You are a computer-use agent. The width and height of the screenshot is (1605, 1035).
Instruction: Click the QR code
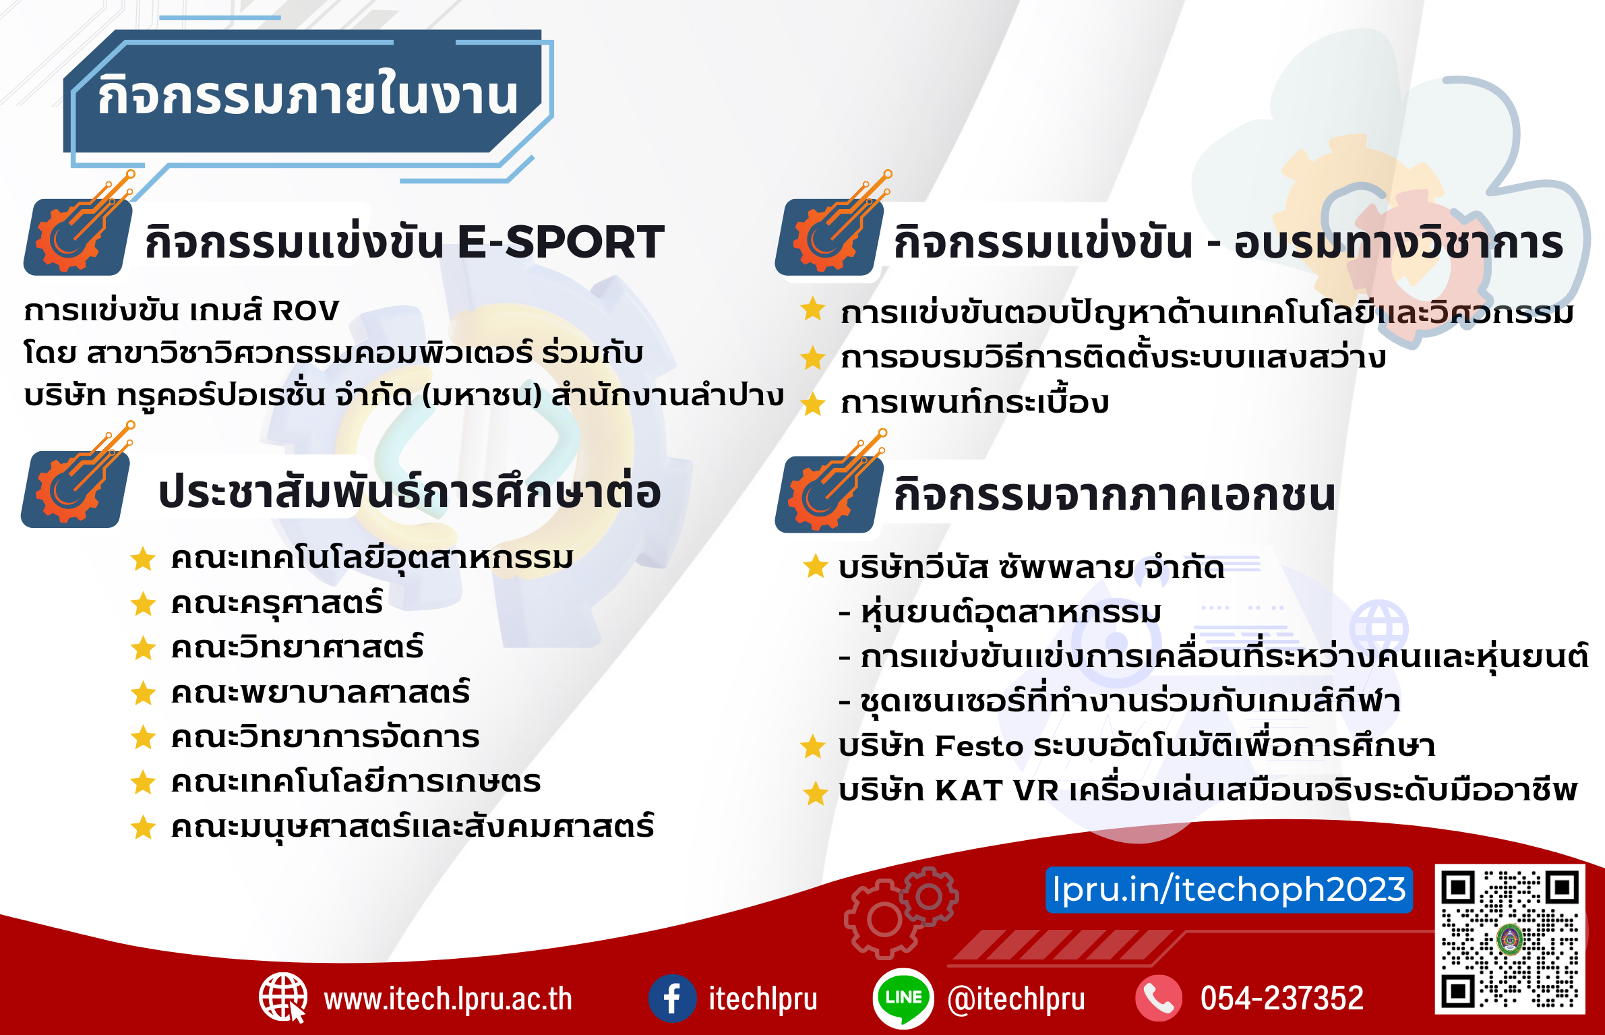click(x=1510, y=939)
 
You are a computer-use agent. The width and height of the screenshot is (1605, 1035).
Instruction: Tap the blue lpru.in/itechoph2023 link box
click(x=1229, y=890)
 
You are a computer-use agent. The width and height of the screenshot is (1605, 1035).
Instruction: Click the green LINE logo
click(x=903, y=999)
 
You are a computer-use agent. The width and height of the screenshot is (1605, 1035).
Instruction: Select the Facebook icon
click(x=672, y=999)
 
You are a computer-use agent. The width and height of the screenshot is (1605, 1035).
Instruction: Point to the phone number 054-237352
click(x=1282, y=999)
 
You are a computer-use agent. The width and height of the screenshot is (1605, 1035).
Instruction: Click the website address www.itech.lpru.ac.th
click(x=448, y=999)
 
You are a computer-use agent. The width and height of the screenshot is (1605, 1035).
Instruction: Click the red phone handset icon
click(x=1159, y=999)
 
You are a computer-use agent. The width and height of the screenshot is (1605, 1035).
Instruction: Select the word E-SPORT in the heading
click(x=561, y=242)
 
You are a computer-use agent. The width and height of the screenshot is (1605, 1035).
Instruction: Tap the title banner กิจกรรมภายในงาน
click(x=307, y=95)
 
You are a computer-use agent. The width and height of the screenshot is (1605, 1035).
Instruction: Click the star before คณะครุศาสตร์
click(x=144, y=604)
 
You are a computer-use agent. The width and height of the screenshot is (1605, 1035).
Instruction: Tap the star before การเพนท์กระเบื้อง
click(x=814, y=404)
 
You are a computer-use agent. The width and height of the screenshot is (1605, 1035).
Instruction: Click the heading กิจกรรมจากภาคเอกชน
click(x=1114, y=496)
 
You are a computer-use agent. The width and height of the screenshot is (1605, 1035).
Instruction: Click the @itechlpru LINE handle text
click(x=1017, y=999)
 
